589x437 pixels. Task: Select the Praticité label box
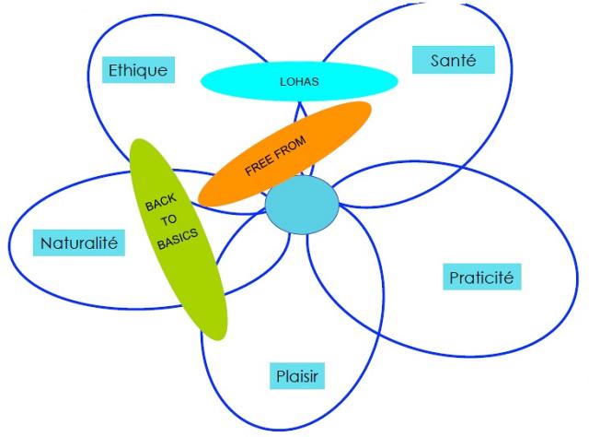pos(485,276)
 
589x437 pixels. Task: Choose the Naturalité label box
pos(82,243)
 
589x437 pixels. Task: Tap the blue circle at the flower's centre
pos(302,206)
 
